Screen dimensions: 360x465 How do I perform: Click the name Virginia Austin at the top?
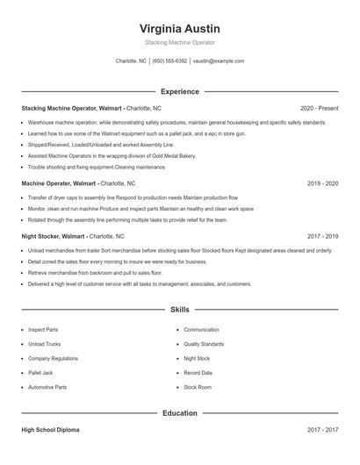point(180,28)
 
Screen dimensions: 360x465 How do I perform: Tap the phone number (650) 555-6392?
point(169,61)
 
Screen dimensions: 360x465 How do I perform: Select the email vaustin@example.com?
point(218,61)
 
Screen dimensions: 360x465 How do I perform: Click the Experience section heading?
point(180,91)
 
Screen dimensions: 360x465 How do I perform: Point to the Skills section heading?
point(180,310)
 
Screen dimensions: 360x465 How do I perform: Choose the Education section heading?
point(180,412)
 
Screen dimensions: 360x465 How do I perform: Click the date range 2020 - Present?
point(319,107)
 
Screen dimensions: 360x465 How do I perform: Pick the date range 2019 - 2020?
point(323,183)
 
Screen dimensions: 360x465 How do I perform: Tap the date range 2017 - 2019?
point(323,236)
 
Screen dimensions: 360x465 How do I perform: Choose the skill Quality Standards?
point(204,344)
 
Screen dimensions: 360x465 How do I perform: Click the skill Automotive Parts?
point(47,386)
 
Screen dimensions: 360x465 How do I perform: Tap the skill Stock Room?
point(198,386)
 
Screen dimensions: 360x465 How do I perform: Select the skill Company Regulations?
point(54,358)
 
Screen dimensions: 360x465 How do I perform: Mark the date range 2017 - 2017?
point(323,430)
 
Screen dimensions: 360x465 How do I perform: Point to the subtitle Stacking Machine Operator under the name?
point(180,42)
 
